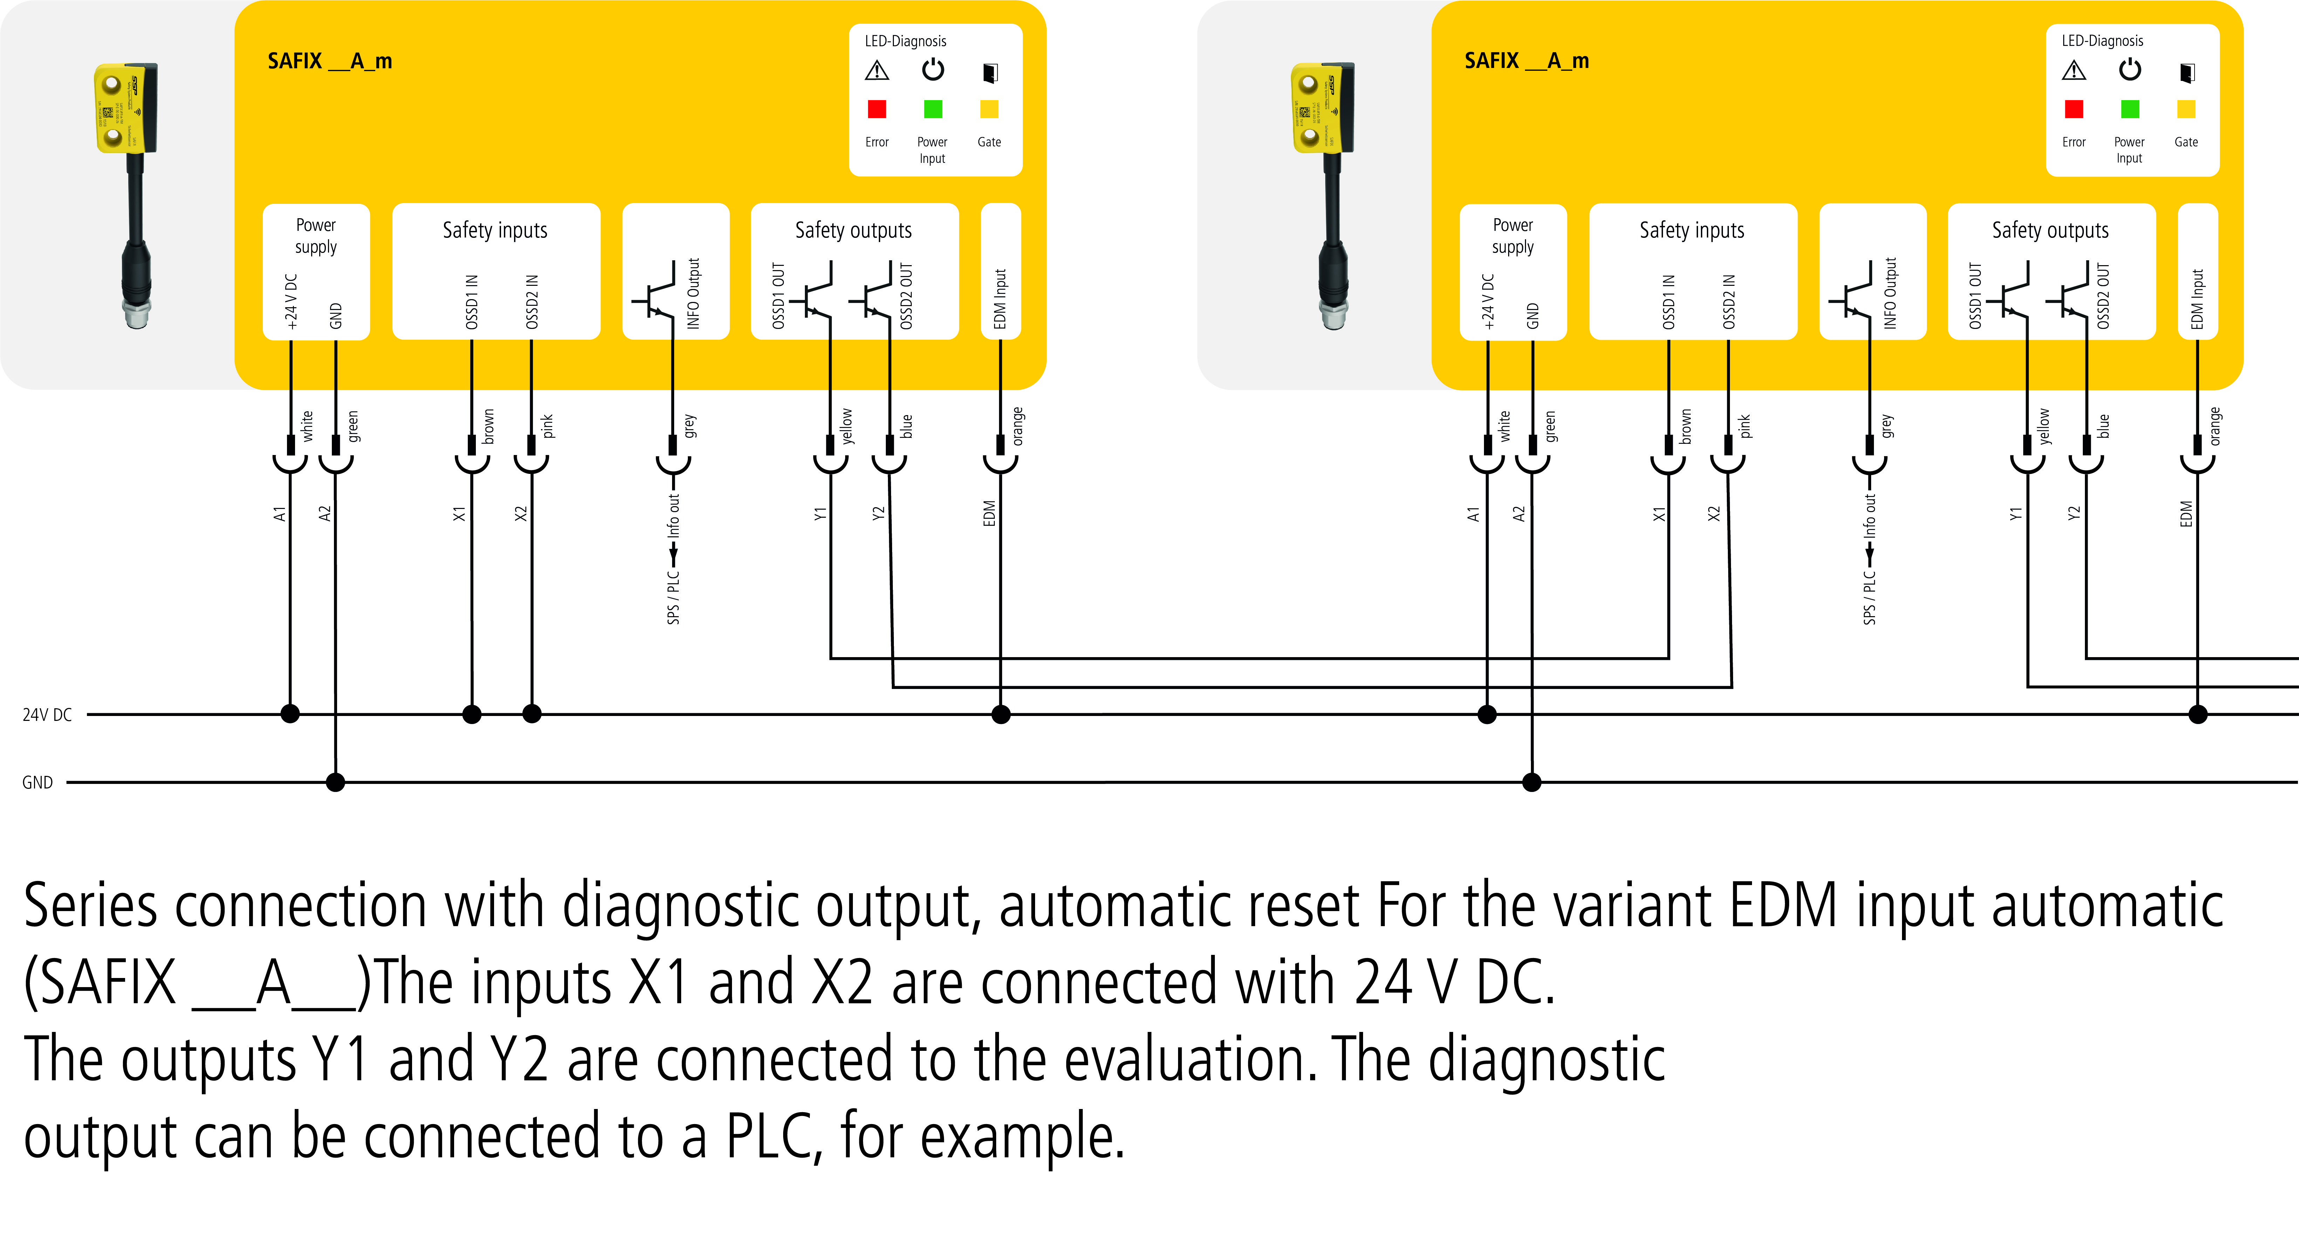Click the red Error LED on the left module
pyautogui.click(x=876, y=109)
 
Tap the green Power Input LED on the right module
pyautogui.click(x=2129, y=109)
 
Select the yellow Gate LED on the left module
pyautogui.click(x=989, y=109)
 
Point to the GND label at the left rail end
pyautogui.click(x=37, y=783)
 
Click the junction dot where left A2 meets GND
pyautogui.click(x=336, y=783)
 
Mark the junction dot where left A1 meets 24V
pyautogui.click(x=290, y=714)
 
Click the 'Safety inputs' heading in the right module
pyautogui.click(x=1691, y=230)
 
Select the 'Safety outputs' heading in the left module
pyautogui.click(x=853, y=230)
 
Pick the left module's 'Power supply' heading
pyautogui.click(x=316, y=235)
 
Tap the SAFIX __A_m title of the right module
pyautogui.click(x=1526, y=61)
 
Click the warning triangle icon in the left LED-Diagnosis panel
pyautogui.click(x=876, y=70)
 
